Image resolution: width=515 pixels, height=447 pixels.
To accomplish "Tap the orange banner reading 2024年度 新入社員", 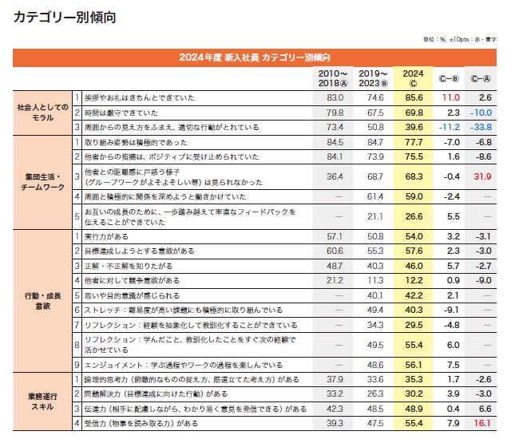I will pyautogui.click(x=255, y=57).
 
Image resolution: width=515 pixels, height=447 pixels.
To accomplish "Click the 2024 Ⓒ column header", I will pyautogui.click(x=414, y=77).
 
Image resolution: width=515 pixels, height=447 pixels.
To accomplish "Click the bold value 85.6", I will pyautogui.click(x=414, y=97).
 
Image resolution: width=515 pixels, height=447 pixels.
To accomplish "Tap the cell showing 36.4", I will pyautogui.click(x=335, y=176).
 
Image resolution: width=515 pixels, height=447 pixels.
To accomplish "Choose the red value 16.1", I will pyautogui.click(x=481, y=423).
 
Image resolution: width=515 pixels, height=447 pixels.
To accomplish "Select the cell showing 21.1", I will pyautogui.click(x=374, y=216).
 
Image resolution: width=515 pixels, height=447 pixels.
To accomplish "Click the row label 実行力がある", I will pyautogui.click(x=107, y=238).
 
